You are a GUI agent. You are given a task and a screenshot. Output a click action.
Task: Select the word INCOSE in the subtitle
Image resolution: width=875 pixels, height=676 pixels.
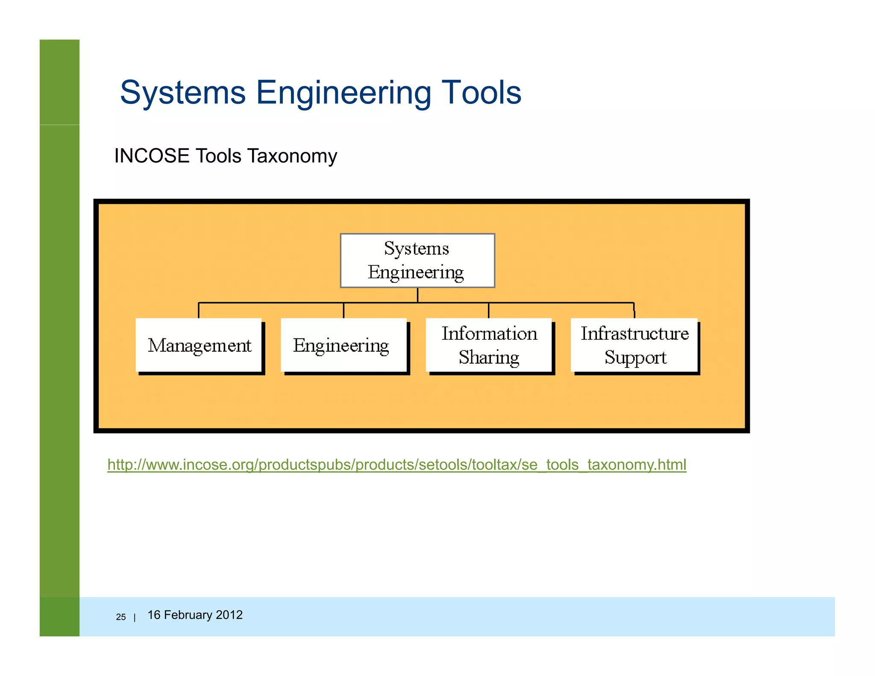click(x=152, y=156)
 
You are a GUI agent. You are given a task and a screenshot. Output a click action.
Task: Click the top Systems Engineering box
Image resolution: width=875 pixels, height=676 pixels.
click(x=417, y=260)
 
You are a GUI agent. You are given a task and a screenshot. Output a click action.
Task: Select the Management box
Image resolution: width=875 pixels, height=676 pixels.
click(x=199, y=345)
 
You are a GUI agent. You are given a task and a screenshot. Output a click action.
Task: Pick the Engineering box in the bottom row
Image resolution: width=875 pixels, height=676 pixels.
click(x=344, y=345)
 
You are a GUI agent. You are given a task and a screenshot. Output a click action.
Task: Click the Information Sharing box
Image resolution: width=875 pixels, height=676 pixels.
click(x=488, y=345)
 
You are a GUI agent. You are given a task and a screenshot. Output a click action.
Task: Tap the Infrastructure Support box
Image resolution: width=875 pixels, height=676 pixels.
click(x=634, y=345)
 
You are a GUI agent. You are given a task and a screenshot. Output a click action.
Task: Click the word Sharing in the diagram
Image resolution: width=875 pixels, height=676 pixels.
click(x=489, y=357)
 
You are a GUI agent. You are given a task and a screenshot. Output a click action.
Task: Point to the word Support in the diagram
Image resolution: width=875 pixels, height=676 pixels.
click(x=635, y=357)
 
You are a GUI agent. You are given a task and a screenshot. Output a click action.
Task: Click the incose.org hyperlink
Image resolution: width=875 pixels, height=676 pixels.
click(x=396, y=464)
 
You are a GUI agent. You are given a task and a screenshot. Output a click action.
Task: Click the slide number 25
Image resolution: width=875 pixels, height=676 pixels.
click(x=121, y=617)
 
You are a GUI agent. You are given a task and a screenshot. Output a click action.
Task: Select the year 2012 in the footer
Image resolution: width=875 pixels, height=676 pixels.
click(x=229, y=615)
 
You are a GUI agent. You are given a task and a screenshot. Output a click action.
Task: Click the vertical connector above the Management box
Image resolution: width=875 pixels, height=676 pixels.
click(x=199, y=310)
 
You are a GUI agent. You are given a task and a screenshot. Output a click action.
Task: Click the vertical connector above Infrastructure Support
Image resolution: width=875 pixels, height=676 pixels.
click(x=634, y=310)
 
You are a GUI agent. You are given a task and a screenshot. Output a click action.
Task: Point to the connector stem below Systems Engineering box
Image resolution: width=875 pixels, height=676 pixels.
click(x=417, y=295)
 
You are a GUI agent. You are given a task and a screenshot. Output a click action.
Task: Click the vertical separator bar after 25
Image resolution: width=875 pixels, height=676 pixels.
click(x=135, y=617)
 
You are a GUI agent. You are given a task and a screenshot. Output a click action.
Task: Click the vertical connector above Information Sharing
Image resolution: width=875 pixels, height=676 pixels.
click(x=488, y=310)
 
